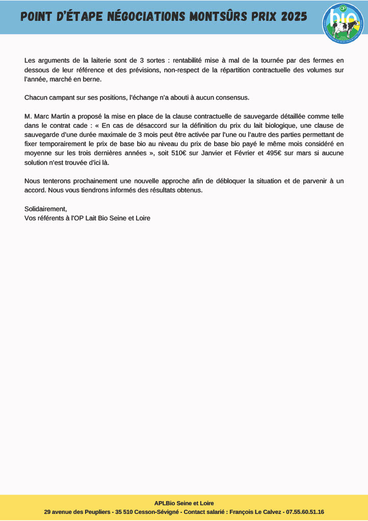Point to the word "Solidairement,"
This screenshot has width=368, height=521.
pyautogui.click(x=45, y=209)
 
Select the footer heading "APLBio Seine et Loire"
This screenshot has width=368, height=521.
pyautogui.click(x=184, y=503)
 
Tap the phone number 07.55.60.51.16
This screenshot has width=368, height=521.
pyautogui.click(x=305, y=512)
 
